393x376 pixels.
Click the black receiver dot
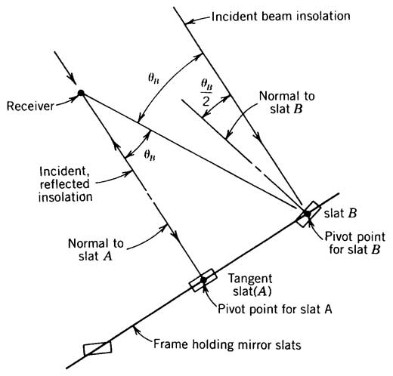pos(81,93)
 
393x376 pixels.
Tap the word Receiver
pos(30,106)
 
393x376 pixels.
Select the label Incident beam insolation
pos(280,17)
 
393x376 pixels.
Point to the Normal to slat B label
pos(287,103)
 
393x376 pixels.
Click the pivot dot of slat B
pos(307,214)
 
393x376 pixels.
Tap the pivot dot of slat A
pos(203,279)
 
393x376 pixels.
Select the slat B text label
pos(340,213)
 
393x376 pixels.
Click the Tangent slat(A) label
pos(250,285)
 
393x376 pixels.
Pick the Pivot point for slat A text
pos(275,309)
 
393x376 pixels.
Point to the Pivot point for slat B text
pos(355,243)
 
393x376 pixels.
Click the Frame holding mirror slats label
pos(227,344)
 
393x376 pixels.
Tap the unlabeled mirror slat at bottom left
pos(97,348)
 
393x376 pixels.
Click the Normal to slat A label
pos(96,250)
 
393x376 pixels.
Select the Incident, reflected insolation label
pos(65,184)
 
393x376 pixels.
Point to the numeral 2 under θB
pos(206,101)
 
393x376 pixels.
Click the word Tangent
pos(250,279)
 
